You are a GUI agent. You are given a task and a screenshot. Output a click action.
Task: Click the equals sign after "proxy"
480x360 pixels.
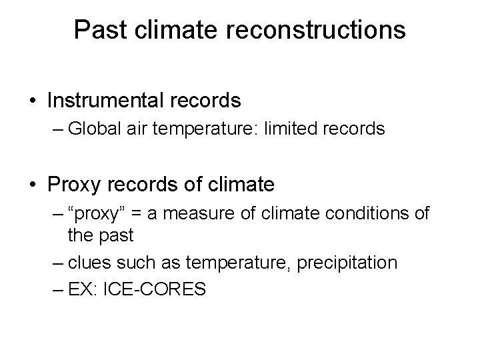click(x=147, y=215)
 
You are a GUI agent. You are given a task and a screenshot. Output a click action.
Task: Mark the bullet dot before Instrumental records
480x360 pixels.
click(x=33, y=101)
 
